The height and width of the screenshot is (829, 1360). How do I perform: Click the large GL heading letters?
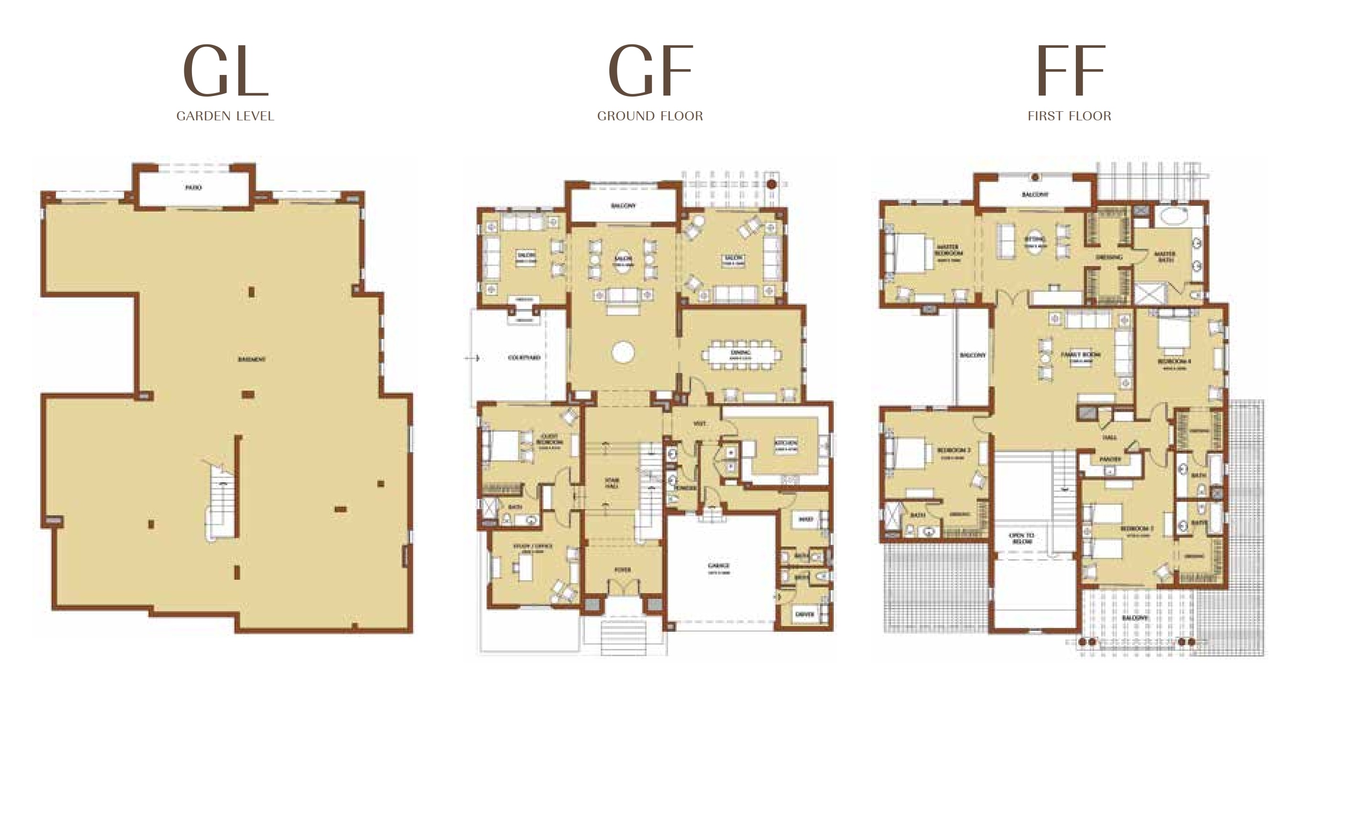(x=225, y=71)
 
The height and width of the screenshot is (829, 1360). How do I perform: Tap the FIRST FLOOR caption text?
(x=1069, y=116)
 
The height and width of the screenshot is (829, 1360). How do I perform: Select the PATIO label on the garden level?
(x=193, y=188)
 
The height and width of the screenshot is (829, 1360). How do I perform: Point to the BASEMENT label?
(x=252, y=359)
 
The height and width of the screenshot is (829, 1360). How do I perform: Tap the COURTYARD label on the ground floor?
(x=524, y=358)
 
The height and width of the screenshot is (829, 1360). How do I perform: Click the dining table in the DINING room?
(x=743, y=355)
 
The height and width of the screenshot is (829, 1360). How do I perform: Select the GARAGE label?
(x=719, y=566)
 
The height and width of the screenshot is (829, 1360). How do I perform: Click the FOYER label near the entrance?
(x=623, y=570)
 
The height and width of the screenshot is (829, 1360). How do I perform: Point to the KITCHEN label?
(x=786, y=444)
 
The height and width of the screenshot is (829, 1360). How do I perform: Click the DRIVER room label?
(x=805, y=614)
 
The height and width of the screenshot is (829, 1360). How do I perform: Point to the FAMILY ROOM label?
(x=1081, y=355)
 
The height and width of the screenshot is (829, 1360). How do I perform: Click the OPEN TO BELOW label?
(x=1021, y=538)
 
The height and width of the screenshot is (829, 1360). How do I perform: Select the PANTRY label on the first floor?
(x=1110, y=459)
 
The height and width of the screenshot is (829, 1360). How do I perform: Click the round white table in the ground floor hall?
(x=623, y=352)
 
